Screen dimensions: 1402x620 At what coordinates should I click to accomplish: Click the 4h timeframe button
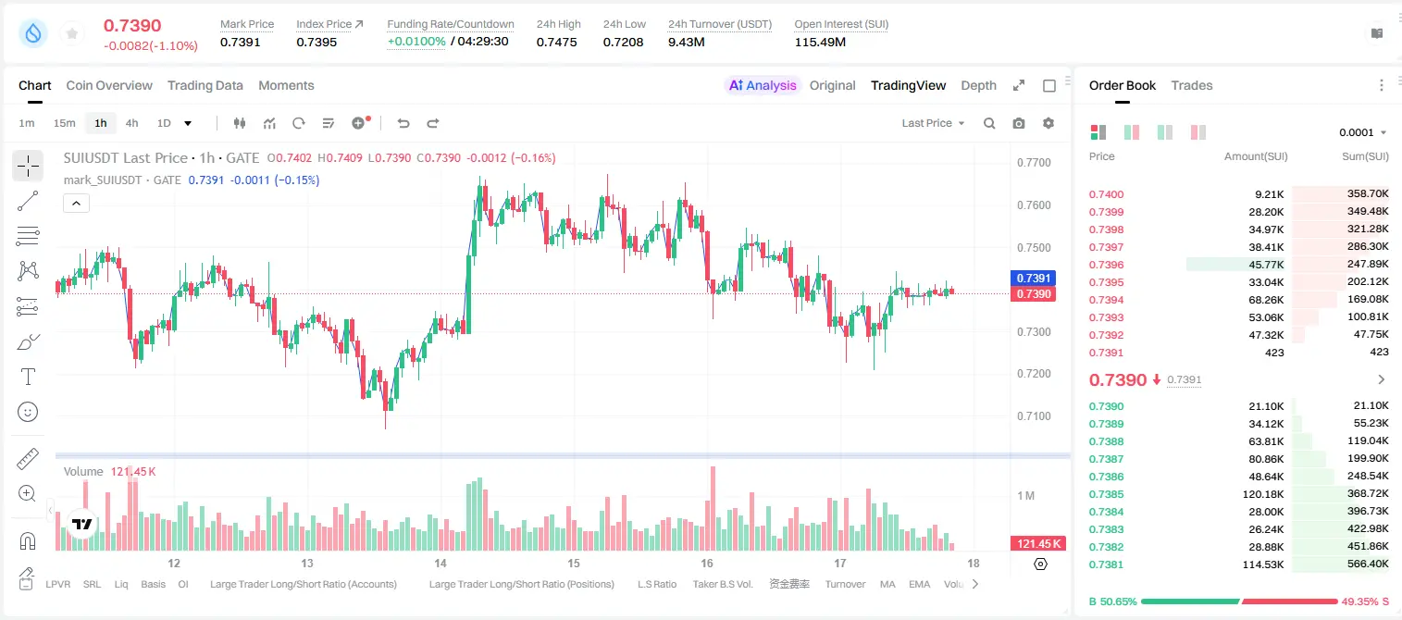131,123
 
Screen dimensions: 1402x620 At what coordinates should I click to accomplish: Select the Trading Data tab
205,85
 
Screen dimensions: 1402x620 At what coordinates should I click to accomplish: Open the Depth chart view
978,85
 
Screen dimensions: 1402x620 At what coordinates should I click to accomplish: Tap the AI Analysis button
763,85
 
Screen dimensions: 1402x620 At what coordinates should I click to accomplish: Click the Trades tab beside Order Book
1192,85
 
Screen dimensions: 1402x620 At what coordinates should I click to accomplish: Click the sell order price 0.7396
1106,265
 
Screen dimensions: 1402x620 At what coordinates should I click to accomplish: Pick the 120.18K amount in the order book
1263,494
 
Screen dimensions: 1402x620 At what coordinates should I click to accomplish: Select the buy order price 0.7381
1106,564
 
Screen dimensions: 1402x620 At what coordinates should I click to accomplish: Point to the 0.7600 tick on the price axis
1034,205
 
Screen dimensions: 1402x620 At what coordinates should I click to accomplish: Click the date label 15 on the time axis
574,563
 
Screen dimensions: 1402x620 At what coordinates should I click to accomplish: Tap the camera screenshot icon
1019,123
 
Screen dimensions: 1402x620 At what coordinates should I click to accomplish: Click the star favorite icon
72,33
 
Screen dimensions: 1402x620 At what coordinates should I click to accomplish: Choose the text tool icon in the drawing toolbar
28,377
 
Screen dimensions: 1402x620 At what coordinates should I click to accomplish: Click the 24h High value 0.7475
556,42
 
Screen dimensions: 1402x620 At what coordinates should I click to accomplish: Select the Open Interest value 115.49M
820,42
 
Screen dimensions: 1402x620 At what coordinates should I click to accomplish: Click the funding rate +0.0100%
416,42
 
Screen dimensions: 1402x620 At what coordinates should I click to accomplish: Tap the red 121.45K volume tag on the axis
1037,544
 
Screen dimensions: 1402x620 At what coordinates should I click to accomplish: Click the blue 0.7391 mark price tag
1033,278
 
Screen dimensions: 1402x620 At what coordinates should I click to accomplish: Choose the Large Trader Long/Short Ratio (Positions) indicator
521,584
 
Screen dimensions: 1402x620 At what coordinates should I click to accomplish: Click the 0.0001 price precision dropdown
1362,132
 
